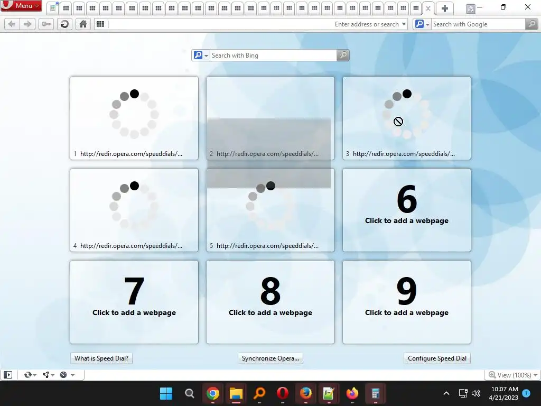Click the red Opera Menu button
coord(21,5)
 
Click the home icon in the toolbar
coord(83,24)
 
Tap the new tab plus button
coord(445,8)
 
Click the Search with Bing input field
coord(273,55)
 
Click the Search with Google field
coord(478,24)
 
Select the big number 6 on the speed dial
coord(407,199)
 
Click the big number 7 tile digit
coord(134,291)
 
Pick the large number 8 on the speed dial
coord(270,291)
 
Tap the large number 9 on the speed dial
coord(407,291)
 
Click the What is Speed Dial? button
coord(101,358)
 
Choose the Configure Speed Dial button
coord(437,358)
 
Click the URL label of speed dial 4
coord(131,246)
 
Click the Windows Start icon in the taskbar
coord(166,393)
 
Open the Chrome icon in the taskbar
coord(213,393)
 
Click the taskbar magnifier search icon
coord(190,393)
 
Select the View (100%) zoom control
coord(513,375)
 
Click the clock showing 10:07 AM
coord(504,389)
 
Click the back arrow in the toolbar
coord(12,24)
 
